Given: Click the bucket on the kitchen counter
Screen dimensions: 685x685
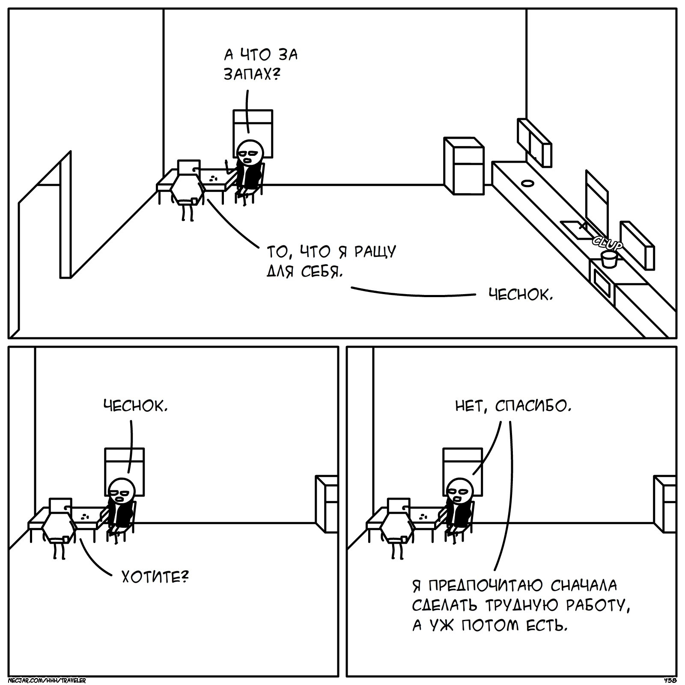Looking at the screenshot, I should (x=608, y=259).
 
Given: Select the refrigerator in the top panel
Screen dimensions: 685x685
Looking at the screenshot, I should (x=464, y=166).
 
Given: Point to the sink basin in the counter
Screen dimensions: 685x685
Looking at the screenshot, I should (x=573, y=229).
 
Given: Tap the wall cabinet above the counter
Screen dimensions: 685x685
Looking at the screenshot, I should (x=534, y=141).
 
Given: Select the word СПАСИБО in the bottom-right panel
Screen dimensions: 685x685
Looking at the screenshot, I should (x=532, y=406).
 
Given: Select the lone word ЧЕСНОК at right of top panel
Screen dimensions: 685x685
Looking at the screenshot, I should (x=520, y=295).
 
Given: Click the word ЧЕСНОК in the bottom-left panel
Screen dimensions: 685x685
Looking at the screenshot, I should (x=134, y=406).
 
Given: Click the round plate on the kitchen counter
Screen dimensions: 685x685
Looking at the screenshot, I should (x=527, y=183).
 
